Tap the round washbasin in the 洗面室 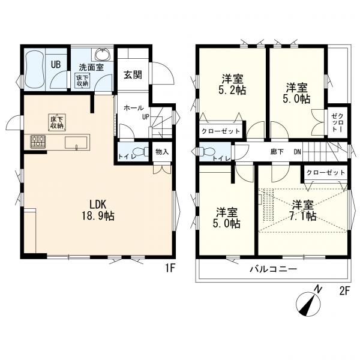tap(103, 55)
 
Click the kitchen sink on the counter tap(76, 143)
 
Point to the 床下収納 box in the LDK tap(57, 122)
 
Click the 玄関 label tap(133, 75)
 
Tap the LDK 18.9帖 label tap(98, 210)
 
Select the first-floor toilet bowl tap(141, 152)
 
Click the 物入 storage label tap(162, 152)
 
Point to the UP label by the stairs tap(146, 117)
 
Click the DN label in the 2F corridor tap(298, 152)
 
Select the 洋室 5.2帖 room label tap(232, 85)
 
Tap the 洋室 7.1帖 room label tap(303, 210)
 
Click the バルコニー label tap(274, 269)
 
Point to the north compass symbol tap(308, 304)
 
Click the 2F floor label tap(344, 292)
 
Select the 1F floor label tap(170, 268)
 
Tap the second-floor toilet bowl tap(206, 152)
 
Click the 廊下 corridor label tap(277, 152)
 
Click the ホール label tap(133, 107)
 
